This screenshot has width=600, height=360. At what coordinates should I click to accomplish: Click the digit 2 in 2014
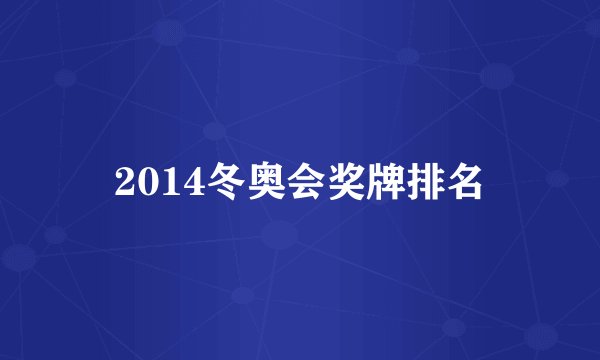[124, 182]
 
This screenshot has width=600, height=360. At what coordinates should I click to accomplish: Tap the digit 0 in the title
[143, 182]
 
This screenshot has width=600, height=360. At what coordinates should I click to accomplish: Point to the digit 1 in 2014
[162, 182]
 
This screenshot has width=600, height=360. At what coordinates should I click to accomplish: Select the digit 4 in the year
[181, 182]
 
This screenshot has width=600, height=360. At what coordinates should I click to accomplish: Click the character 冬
[212, 181]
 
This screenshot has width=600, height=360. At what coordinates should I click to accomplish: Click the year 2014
[152, 182]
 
